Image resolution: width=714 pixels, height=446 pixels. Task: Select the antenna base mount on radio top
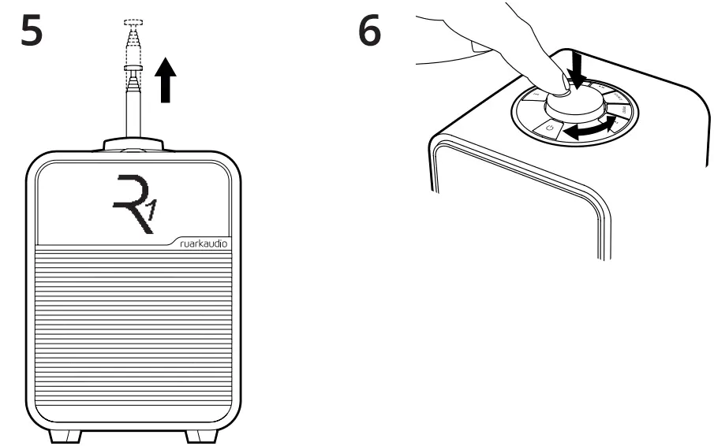pyautogui.click(x=132, y=144)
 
